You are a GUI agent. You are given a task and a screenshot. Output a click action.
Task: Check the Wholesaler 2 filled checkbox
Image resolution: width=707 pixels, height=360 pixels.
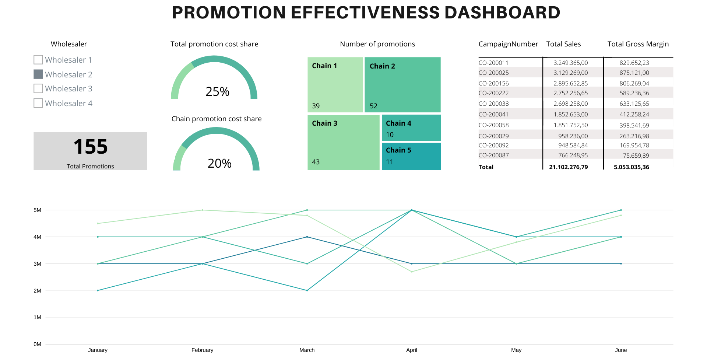(38, 74)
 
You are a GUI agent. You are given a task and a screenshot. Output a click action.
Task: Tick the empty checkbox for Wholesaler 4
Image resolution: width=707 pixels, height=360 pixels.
(38, 103)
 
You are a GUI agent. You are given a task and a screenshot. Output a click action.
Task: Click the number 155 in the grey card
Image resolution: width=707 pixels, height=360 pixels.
(91, 147)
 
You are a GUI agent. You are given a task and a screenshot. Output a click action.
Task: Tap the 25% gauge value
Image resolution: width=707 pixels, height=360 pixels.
(217, 91)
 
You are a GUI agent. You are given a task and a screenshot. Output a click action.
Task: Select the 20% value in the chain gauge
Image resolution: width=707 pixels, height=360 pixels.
(219, 163)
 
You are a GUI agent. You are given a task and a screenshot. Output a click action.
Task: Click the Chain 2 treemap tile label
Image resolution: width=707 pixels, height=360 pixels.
(382, 66)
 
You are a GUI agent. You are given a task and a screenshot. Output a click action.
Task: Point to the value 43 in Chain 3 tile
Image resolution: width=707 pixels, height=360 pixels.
(316, 162)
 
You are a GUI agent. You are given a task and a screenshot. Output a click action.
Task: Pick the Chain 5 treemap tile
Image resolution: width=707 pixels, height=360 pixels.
(411, 156)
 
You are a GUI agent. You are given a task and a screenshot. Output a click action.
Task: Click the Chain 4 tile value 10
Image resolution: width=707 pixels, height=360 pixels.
(390, 135)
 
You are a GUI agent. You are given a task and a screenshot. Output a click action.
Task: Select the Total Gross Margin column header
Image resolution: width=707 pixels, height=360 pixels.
(638, 44)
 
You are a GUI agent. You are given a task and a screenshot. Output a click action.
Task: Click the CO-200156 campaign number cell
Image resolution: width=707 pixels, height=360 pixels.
(493, 84)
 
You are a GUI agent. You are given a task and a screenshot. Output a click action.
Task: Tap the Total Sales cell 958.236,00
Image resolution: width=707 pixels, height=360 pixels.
(573, 136)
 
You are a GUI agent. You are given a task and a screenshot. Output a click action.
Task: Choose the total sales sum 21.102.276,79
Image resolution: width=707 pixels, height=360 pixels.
(569, 167)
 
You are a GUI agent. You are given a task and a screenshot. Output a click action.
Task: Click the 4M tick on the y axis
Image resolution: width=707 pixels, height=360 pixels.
(37, 237)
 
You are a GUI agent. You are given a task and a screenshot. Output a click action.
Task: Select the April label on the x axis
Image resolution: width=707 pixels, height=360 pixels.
(412, 350)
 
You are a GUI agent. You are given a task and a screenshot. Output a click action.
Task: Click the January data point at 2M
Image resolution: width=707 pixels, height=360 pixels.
(98, 290)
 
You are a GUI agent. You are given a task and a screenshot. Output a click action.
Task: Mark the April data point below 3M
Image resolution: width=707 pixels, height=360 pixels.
(412, 272)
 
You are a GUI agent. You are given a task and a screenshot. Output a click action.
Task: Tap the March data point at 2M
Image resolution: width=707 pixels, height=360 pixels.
(307, 290)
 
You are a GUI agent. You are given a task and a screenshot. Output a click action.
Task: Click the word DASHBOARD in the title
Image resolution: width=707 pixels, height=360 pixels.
(502, 13)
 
